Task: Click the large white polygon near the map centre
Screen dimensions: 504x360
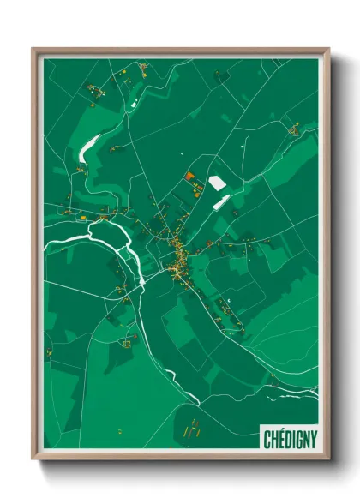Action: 218,183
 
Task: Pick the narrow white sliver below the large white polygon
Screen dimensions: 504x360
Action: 221,202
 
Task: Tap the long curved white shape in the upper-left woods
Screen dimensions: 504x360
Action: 89,149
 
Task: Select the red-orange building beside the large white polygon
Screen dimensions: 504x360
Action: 189,177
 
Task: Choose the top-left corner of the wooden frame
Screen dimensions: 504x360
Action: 33,50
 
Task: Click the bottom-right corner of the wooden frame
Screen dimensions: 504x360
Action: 328,459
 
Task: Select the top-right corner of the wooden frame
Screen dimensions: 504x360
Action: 328,50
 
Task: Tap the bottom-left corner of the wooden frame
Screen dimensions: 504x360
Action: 33,459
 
